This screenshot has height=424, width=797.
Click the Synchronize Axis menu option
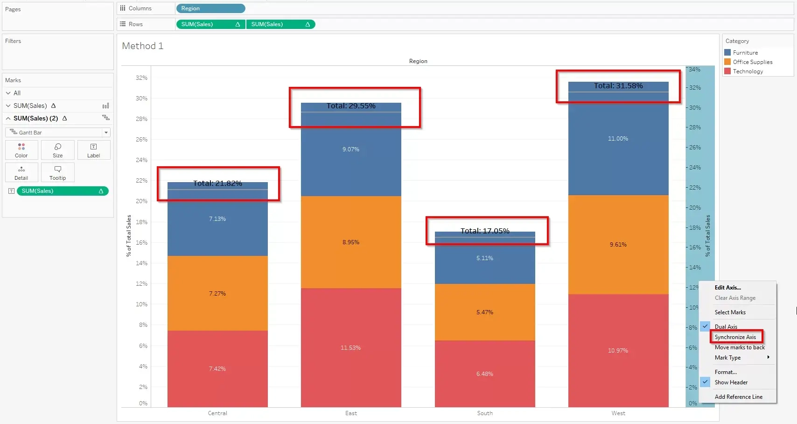pyautogui.click(x=735, y=337)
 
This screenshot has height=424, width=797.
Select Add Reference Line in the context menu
pyautogui.click(x=738, y=397)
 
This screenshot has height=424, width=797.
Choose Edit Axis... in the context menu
pyautogui.click(x=727, y=288)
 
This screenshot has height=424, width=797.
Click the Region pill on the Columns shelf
pyautogui.click(x=210, y=8)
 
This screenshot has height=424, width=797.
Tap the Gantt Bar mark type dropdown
pyautogui.click(x=58, y=133)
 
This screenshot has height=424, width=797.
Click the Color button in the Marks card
pyautogui.click(x=21, y=150)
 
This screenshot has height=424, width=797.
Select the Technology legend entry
pyautogui.click(x=748, y=71)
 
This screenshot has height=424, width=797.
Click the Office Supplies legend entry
pyautogui.click(x=752, y=62)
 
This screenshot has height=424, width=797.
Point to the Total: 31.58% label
pyautogui.click(x=618, y=86)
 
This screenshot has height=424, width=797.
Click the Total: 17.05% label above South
pyautogui.click(x=485, y=231)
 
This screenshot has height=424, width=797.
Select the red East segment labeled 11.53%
pyautogui.click(x=350, y=348)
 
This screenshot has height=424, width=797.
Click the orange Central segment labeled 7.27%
pyautogui.click(x=217, y=294)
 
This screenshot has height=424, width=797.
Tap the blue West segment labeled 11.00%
pyautogui.click(x=618, y=139)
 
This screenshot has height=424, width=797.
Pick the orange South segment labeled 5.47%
pyautogui.click(x=484, y=312)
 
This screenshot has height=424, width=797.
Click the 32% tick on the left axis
pyautogui.click(x=141, y=78)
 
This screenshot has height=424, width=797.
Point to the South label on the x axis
pyautogui.click(x=485, y=413)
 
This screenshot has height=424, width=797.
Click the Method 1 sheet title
pyautogui.click(x=142, y=46)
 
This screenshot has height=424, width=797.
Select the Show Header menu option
pyautogui.click(x=731, y=382)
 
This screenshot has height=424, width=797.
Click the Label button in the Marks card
pyautogui.click(x=94, y=150)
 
